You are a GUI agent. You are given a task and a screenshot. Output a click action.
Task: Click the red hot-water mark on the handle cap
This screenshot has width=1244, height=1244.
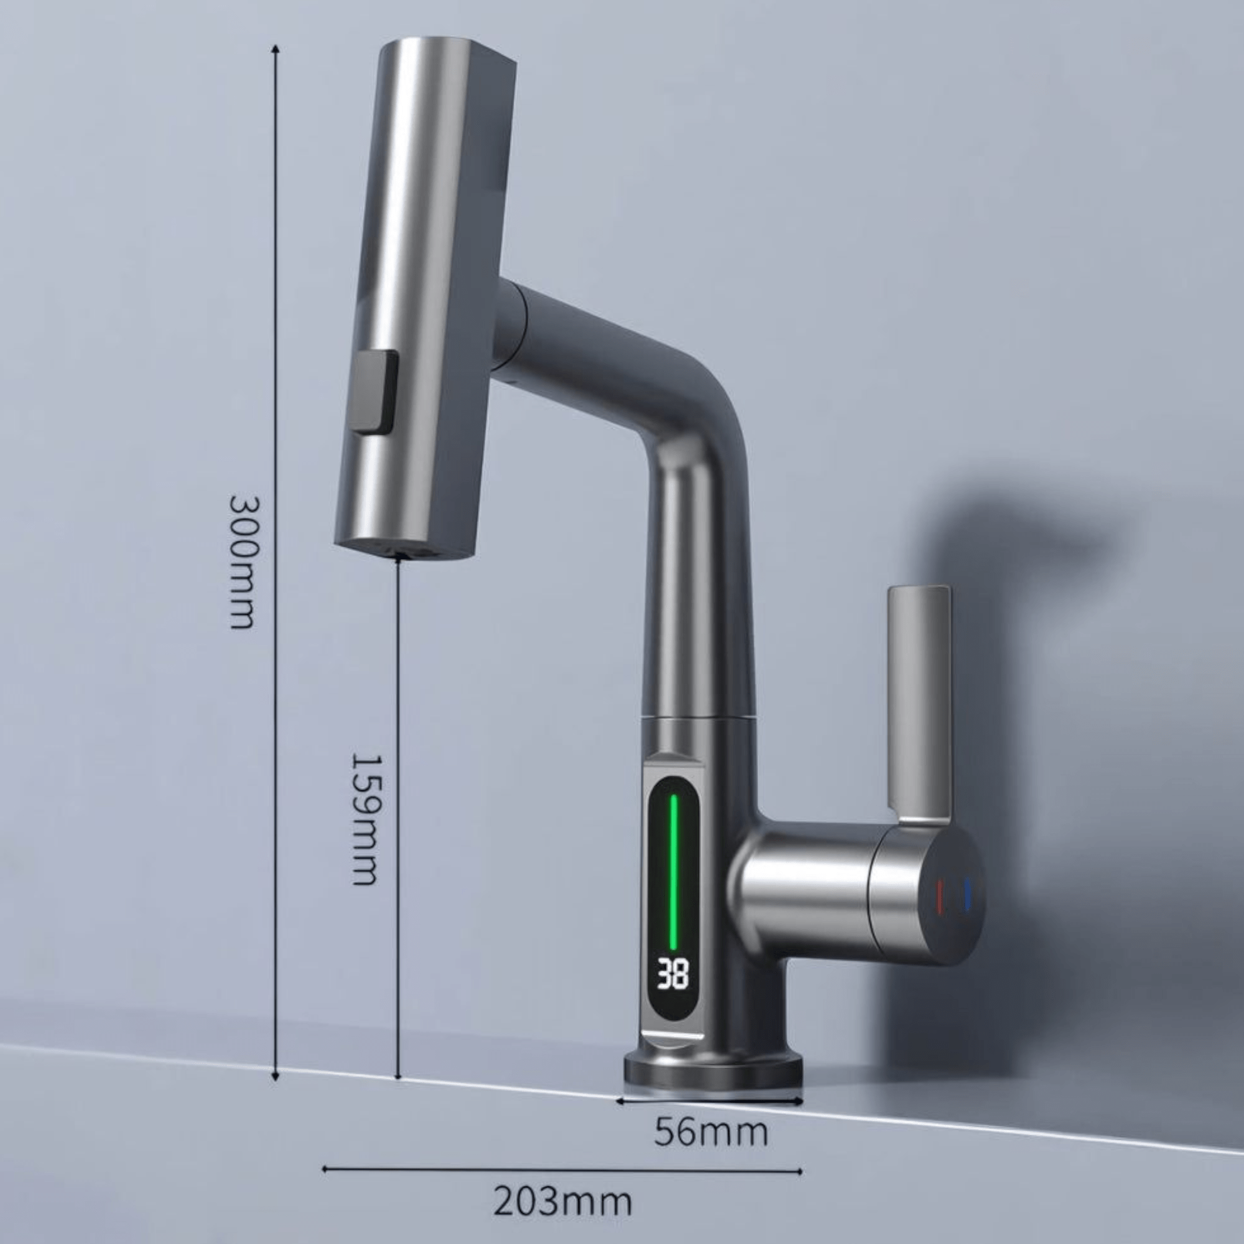(939, 896)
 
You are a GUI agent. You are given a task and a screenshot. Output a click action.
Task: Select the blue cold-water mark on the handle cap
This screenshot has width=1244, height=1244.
(967, 896)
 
